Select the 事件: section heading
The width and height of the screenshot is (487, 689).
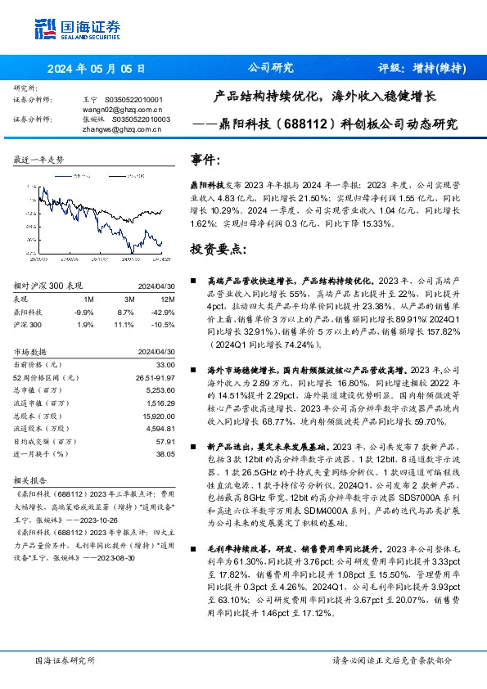(x=205, y=160)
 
